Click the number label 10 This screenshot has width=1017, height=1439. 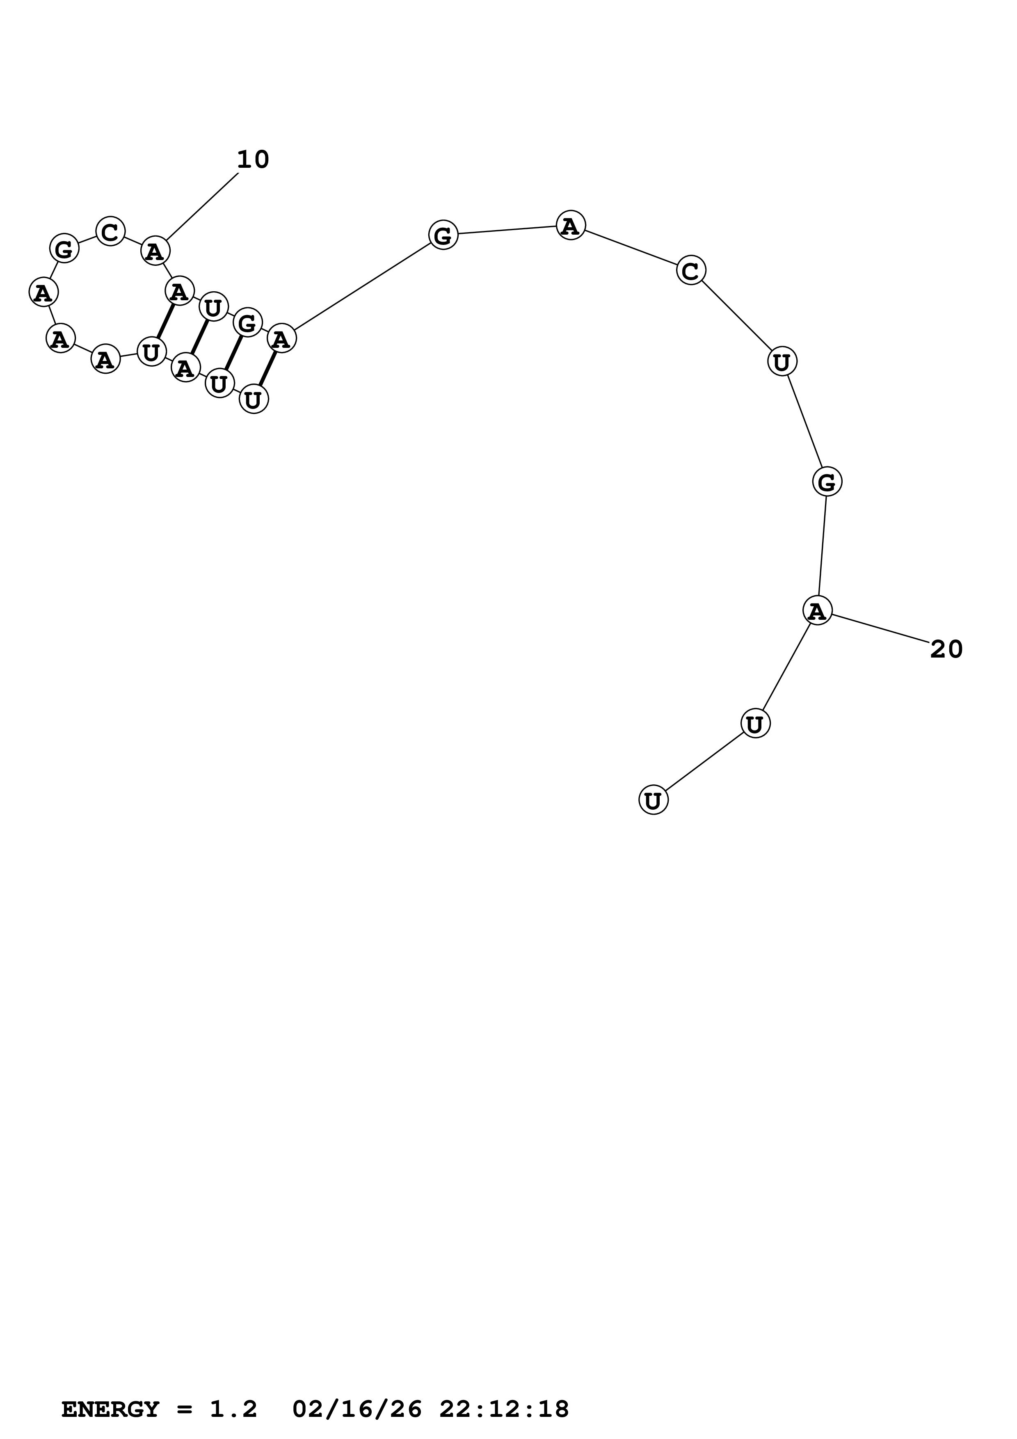(253, 160)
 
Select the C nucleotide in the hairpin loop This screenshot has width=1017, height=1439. (110, 232)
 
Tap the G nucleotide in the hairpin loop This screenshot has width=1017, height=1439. (64, 249)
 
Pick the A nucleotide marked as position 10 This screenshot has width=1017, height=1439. (155, 251)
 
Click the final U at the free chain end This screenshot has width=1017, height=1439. (653, 800)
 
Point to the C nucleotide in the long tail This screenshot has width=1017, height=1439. (690, 271)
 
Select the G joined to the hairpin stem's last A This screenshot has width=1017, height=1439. (443, 235)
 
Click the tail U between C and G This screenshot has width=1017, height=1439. (782, 362)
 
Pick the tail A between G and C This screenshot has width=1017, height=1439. (570, 225)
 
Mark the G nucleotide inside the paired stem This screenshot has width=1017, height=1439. (247, 323)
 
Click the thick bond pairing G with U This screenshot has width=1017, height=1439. (233, 353)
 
